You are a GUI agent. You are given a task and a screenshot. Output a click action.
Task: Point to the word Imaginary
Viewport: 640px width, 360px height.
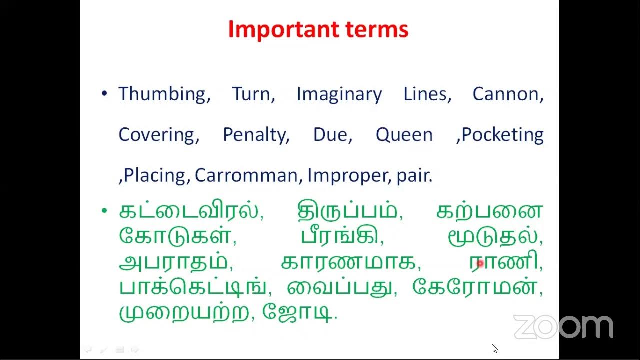(339, 94)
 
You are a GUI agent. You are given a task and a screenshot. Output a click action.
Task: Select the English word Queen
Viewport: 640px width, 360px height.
(404, 135)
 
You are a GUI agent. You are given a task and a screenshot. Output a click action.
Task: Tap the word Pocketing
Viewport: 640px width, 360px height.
(502, 135)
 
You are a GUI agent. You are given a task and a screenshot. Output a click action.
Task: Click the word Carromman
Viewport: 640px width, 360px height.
(246, 175)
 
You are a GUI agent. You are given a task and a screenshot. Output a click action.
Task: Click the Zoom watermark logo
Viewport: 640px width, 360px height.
(563, 327)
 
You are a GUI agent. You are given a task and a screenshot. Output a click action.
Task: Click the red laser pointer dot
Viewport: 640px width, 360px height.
(480, 263)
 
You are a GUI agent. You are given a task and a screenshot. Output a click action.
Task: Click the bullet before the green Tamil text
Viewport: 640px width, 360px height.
(104, 211)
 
